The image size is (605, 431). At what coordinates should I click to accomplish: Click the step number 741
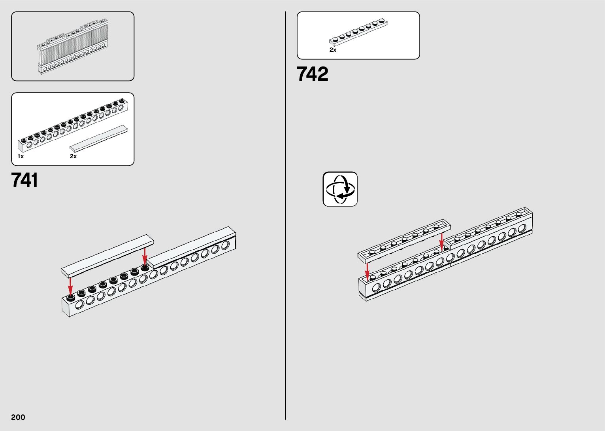[x=25, y=180]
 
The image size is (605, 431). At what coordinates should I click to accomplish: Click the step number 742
[x=312, y=74]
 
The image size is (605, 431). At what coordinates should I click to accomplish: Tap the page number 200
[x=18, y=417]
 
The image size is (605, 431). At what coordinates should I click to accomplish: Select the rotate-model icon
[x=340, y=189]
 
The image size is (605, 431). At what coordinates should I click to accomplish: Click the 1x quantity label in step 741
[x=21, y=156]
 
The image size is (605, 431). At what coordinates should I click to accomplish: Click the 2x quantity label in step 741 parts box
[x=73, y=156]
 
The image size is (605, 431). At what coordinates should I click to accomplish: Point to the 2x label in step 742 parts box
[x=333, y=50]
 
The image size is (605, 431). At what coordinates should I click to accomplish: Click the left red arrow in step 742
[x=368, y=271]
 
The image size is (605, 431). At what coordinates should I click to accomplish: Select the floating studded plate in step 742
[x=404, y=239]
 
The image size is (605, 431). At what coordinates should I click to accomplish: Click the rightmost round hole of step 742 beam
[x=522, y=228]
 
